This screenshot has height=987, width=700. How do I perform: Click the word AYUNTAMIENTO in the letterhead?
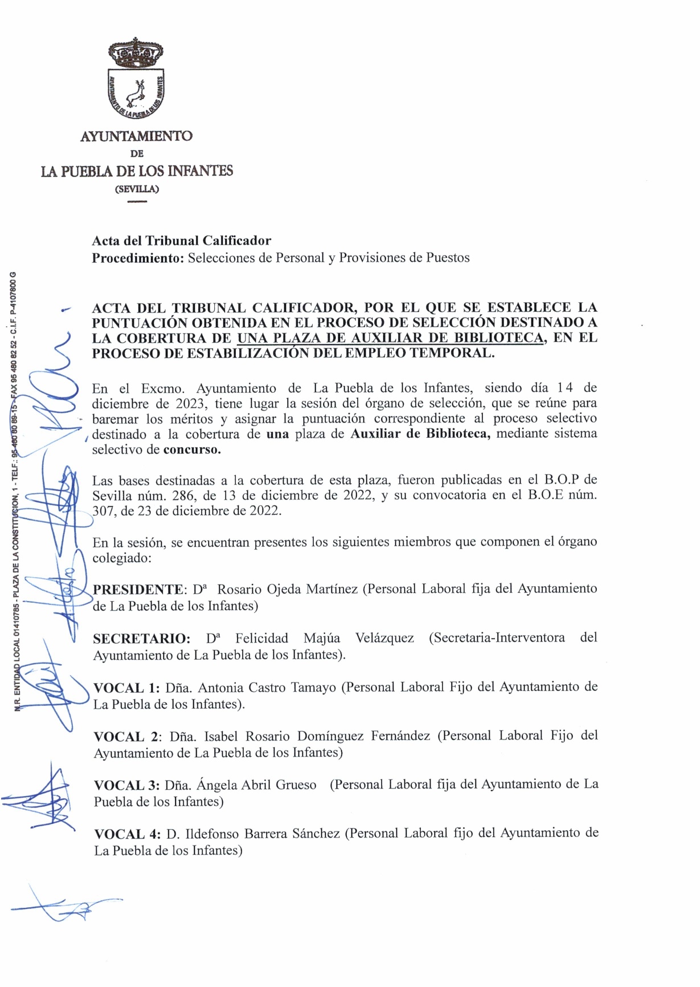tap(136, 136)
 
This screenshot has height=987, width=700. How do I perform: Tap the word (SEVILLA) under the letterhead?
tap(137, 189)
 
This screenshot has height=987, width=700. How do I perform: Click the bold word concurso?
tap(192, 449)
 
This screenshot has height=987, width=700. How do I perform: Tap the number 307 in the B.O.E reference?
tap(103, 511)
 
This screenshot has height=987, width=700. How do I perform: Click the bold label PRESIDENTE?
tap(138, 590)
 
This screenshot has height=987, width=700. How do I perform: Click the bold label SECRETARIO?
tap(141, 639)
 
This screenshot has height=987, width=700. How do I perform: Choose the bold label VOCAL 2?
tap(128, 737)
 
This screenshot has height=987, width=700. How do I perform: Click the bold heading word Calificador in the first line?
tap(236, 241)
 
